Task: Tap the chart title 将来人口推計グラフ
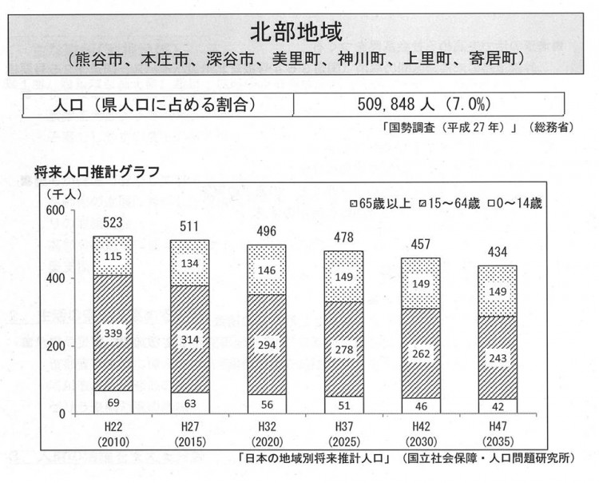tap(97, 170)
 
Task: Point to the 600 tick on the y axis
tap(56, 210)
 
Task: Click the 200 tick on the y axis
tap(56, 346)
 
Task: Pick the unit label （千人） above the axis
tap(61, 194)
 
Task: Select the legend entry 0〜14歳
tap(514, 203)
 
